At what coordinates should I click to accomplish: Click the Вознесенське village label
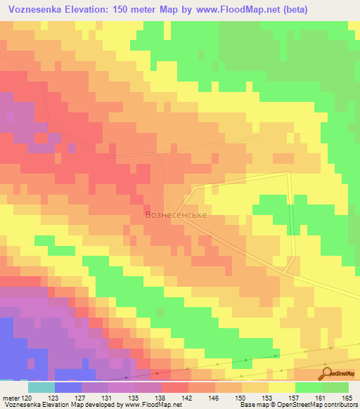[x=175, y=214]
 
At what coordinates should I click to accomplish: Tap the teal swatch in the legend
[x=41, y=387]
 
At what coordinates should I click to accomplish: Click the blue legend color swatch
[x=67, y=387]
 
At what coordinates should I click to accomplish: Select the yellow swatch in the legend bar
[x=281, y=387]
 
